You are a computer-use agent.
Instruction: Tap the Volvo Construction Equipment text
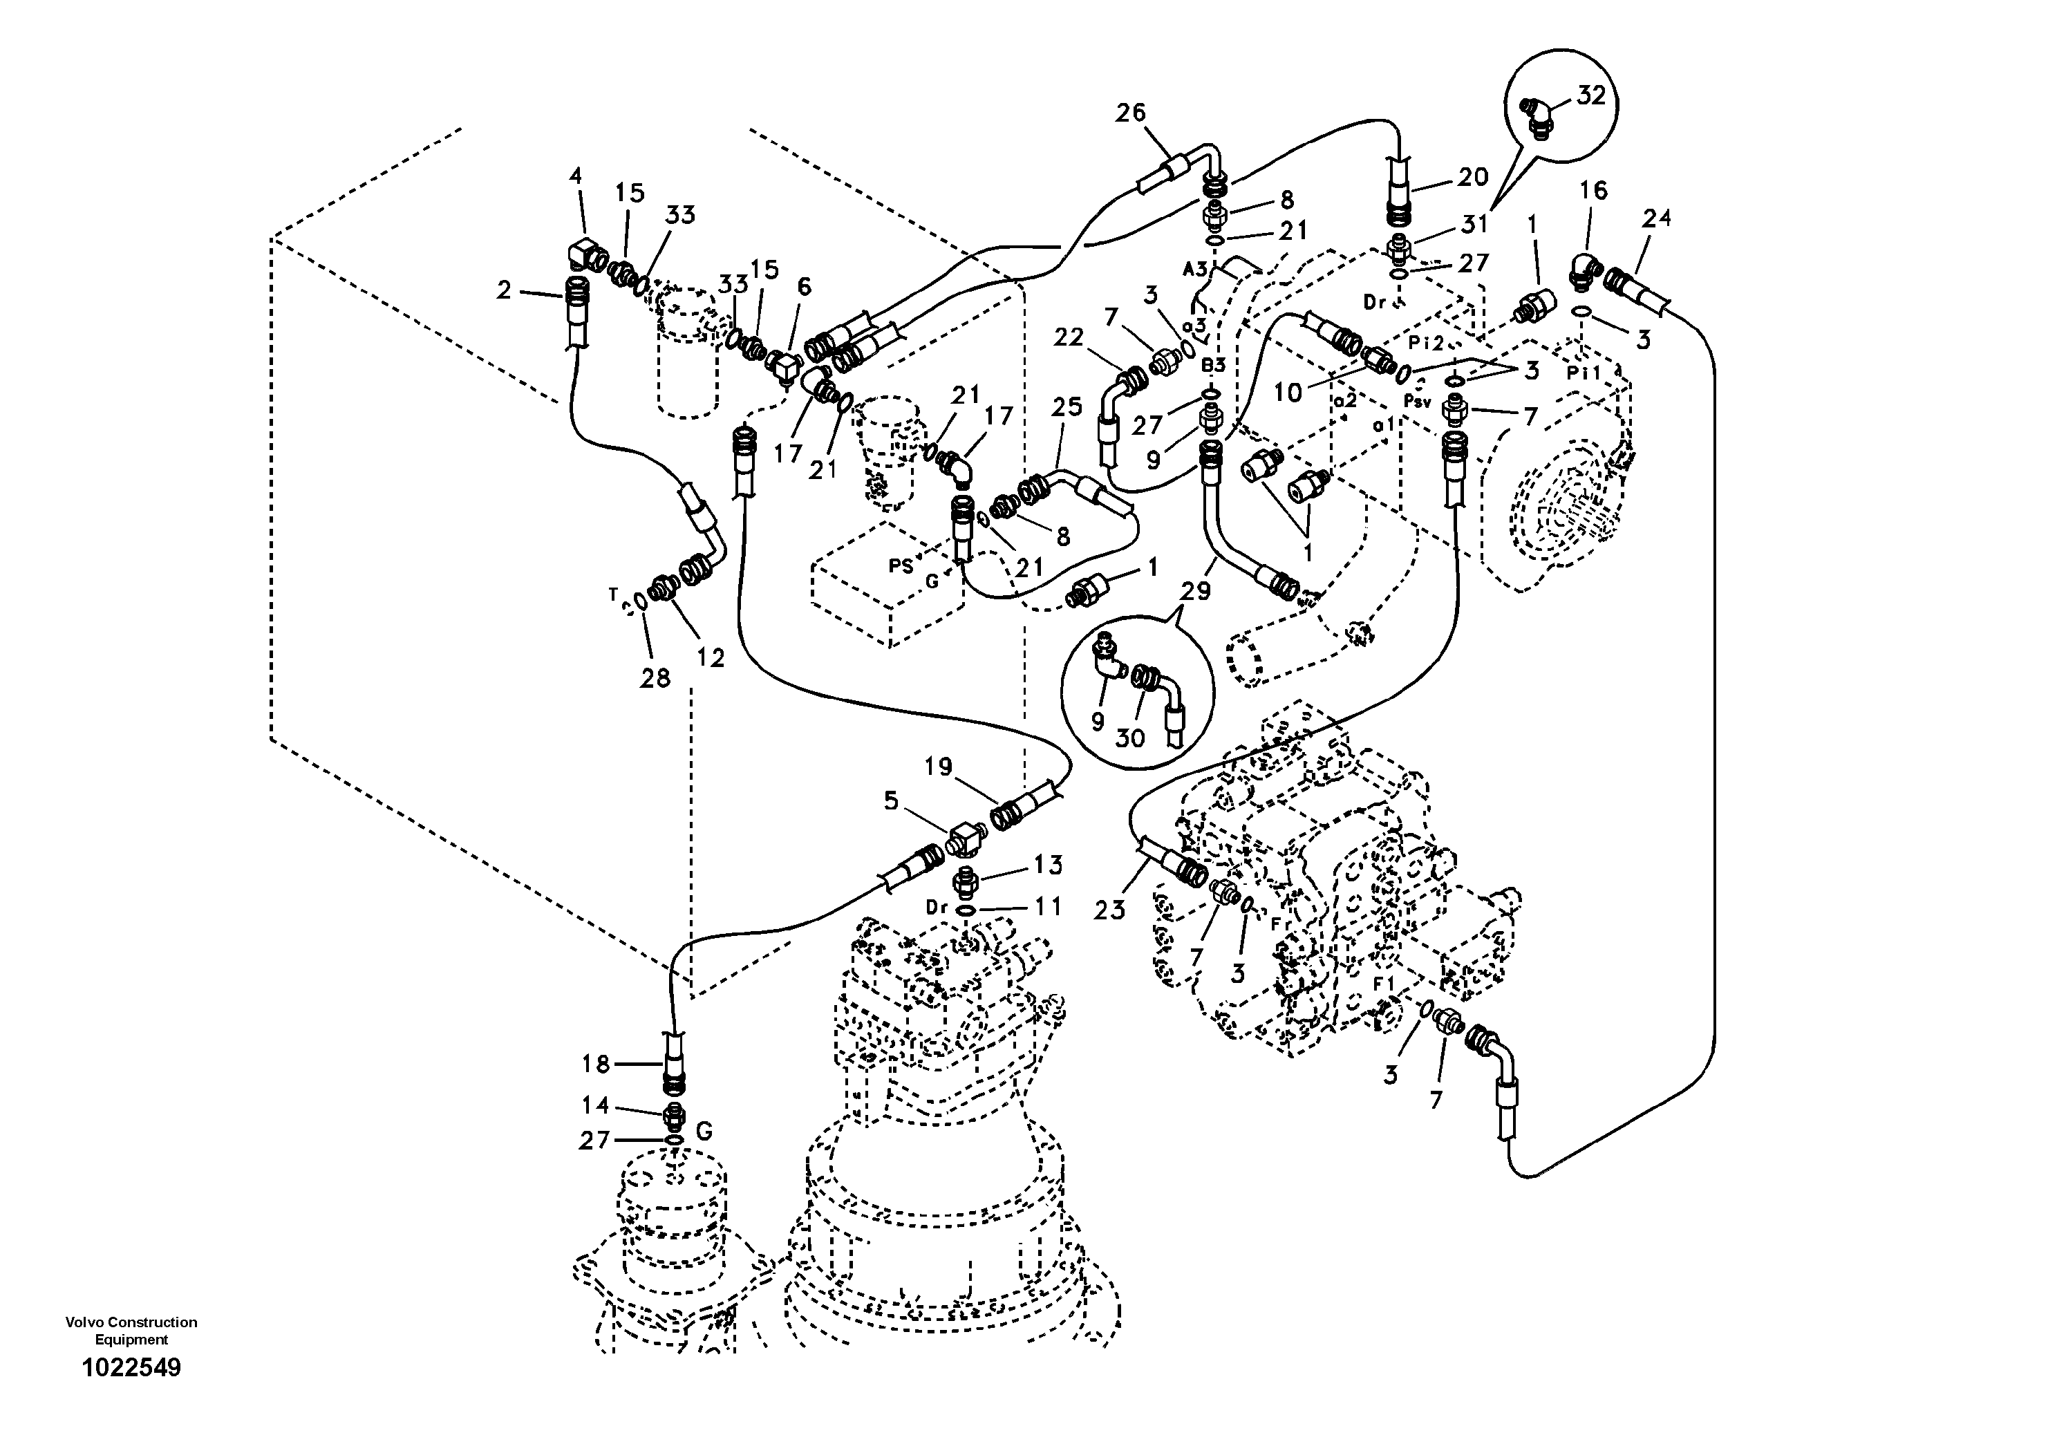(x=131, y=1330)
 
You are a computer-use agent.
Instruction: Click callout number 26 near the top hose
(x=1131, y=113)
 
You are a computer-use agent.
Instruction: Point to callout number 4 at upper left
(x=576, y=176)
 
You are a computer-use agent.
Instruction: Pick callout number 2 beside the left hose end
(x=505, y=290)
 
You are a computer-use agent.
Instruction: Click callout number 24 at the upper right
(x=1657, y=218)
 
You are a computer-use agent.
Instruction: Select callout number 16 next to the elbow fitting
(x=1593, y=190)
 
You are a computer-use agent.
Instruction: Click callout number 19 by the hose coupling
(x=939, y=767)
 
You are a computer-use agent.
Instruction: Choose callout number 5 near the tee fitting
(x=890, y=801)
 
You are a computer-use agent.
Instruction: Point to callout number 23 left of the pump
(x=1109, y=910)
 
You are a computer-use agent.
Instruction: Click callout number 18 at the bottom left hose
(x=596, y=1065)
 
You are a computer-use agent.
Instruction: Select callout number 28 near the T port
(x=655, y=678)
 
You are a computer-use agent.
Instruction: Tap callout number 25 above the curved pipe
(x=1067, y=408)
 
